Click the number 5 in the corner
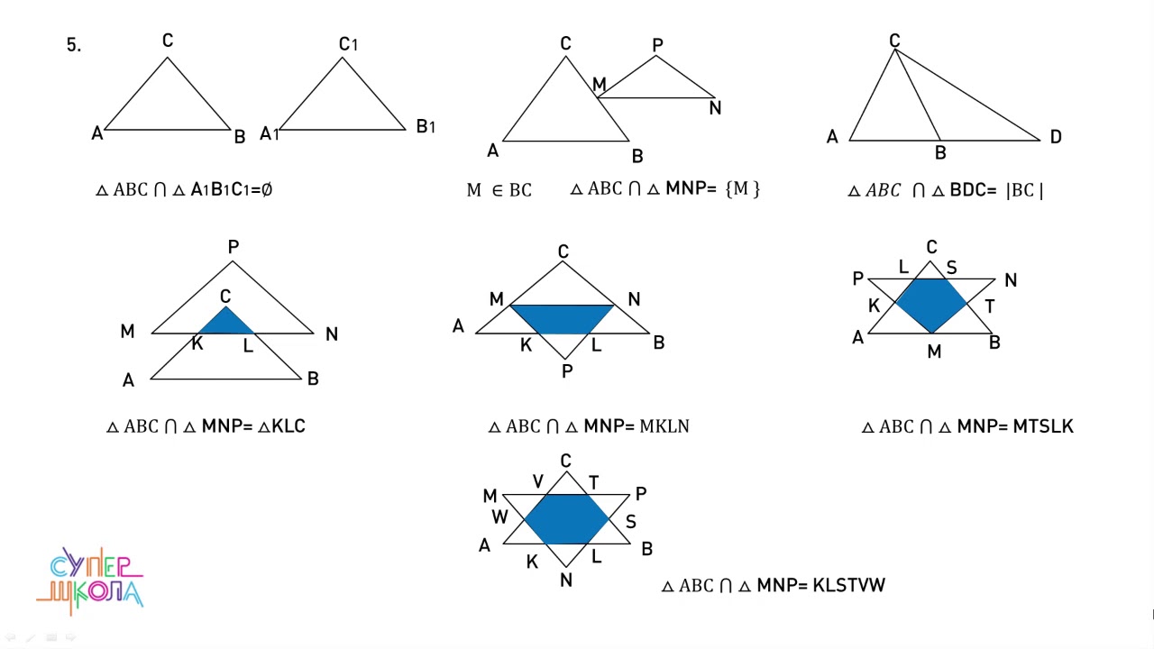coord(73,45)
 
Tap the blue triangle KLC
coord(225,323)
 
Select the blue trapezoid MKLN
coord(562,318)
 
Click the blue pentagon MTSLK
coord(931,304)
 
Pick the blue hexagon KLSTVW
coord(566,518)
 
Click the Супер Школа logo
coord(91,580)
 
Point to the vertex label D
coord(1055,137)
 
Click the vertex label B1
coord(426,127)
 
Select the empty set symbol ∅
coord(266,190)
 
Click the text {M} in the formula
coord(742,189)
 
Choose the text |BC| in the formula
coord(1024,190)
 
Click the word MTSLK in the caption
coord(1042,426)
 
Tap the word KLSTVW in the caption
coord(848,585)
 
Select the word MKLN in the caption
coord(664,426)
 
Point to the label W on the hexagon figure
coord(499,517)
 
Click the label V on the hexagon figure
coord(538,482)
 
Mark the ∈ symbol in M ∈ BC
coord(498,190)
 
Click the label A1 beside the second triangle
coord(269,134)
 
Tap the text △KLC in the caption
coord(281,426)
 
